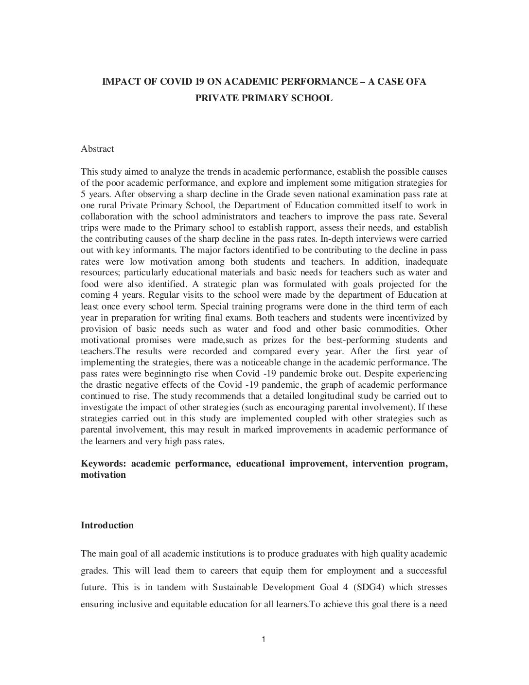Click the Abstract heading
tap(97, 149)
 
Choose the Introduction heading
tap(107, 525)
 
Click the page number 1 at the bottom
tap(264, 639)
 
